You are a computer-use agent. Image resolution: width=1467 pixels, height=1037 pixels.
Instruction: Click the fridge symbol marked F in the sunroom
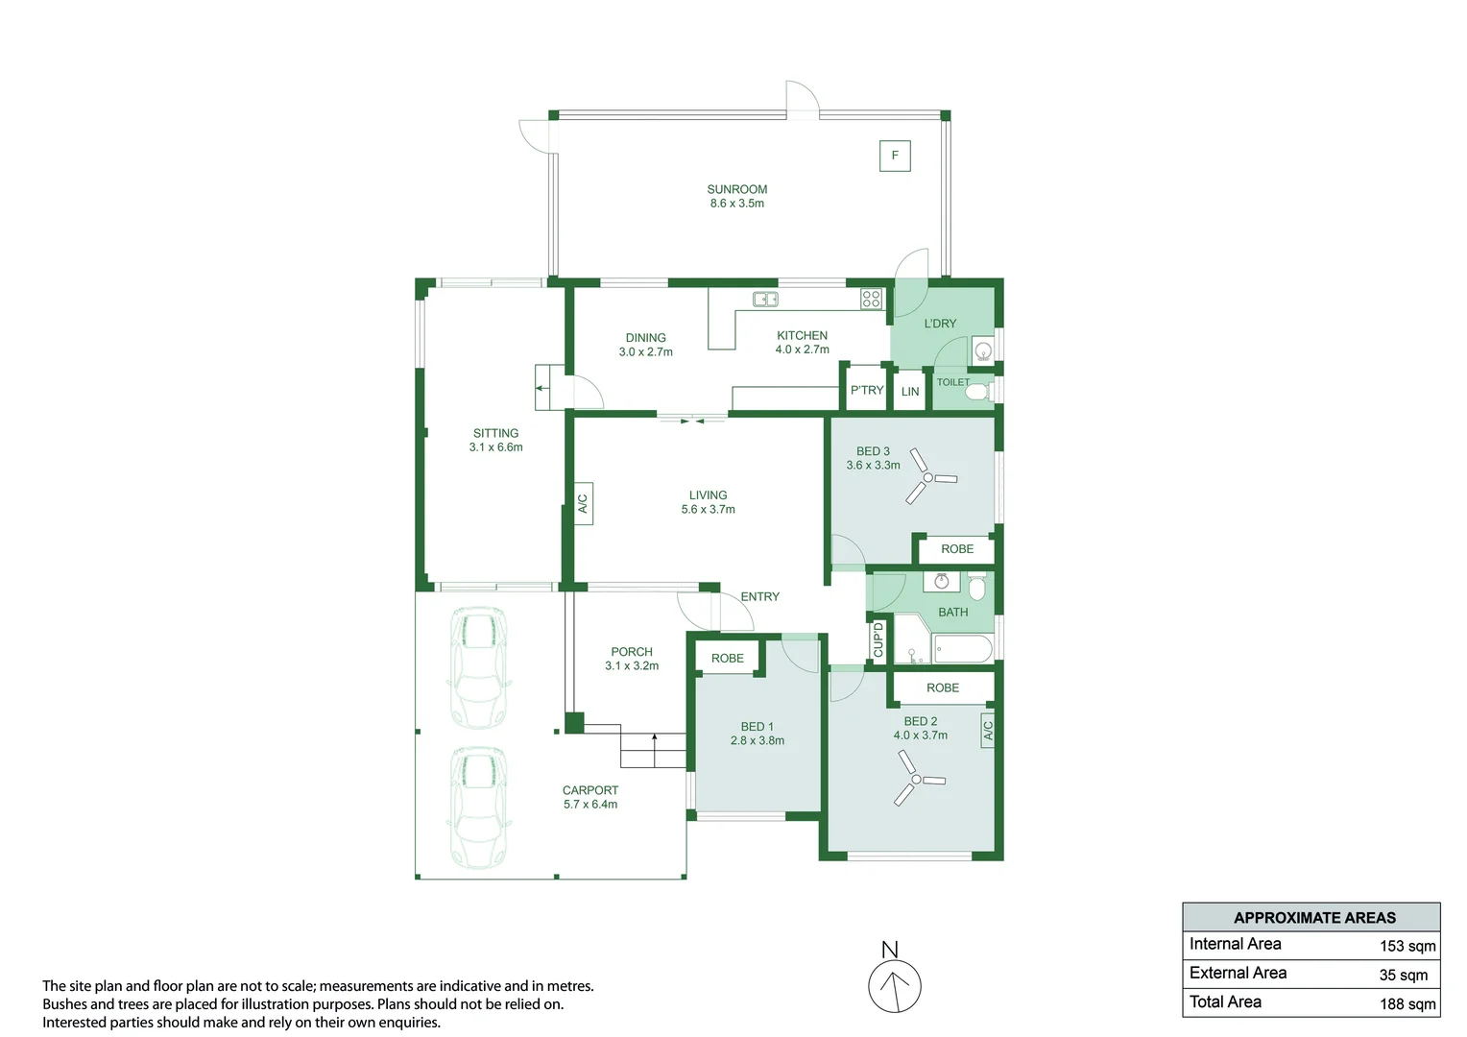(895, 156)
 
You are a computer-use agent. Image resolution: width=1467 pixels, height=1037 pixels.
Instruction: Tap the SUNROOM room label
(736, 189)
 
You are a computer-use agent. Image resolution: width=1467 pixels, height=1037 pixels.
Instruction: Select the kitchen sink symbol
(765, 299)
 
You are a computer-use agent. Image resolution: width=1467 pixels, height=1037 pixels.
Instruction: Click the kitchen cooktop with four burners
(871, 299)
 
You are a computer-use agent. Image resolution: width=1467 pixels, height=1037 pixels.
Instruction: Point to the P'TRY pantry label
(866, 390)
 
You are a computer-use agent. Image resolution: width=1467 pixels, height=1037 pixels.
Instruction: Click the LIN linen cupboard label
(910, 392)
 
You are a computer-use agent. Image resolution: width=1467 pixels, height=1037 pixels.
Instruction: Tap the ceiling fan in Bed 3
(928, 477)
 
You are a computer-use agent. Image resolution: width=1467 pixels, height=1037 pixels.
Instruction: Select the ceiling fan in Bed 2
(917, 779)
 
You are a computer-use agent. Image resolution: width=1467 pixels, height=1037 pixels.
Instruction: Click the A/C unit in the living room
(583, 503)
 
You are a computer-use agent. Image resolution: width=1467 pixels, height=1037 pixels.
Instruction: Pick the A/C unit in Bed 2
(987, 731)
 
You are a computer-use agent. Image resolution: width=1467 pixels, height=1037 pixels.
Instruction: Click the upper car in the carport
(477, 666)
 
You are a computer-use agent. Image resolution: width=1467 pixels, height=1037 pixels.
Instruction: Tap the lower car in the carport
(477, 808)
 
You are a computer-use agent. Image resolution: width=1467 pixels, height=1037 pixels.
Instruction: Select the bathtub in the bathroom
(962, 649)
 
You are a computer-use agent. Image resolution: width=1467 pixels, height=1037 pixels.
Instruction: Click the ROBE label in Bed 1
(727, 658)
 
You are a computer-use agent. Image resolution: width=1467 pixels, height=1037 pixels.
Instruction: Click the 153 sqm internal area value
(1407, 946)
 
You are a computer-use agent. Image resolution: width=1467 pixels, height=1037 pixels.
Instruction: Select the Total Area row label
(1225, 1001)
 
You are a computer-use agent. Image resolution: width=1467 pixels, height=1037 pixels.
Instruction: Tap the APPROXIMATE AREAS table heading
(1313, 917)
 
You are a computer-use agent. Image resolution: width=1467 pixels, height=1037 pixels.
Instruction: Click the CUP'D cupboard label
(878, 640)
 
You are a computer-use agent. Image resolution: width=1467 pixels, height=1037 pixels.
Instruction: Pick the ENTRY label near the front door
(759, 596)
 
